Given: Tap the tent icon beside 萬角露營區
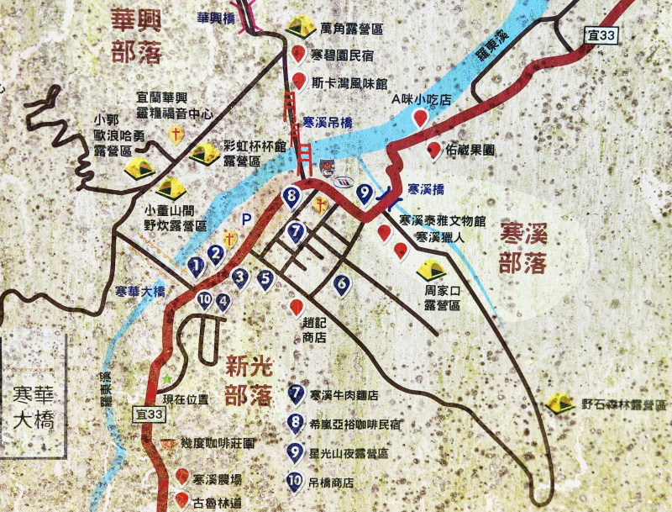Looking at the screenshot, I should pyautogui.click(x=300, y=27).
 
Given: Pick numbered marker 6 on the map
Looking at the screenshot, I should pyautogui.click(x=341, y=285).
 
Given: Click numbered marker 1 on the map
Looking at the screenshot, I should pyautogui.click(x=197, y=267).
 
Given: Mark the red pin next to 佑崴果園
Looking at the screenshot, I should pyautogui.click(x=434, y=150).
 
